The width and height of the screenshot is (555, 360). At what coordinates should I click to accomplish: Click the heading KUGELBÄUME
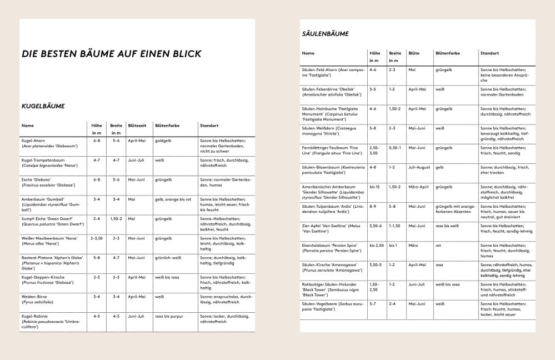(x=43, y=106)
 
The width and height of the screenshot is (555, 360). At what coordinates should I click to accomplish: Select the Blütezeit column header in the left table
(x=137, y=126)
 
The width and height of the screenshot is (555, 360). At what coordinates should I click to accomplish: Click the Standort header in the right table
(x=489, y=53)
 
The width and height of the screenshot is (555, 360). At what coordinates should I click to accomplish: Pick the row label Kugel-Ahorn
(x=33, y=141)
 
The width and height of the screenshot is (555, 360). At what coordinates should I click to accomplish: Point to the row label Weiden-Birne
(x=34, y=297)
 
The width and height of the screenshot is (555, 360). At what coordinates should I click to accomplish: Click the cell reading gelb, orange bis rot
(x=173, y=199)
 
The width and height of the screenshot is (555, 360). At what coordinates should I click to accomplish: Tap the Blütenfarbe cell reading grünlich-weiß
(x=168, y=258)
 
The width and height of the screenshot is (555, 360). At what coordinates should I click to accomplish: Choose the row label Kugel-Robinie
(x=34, y=317)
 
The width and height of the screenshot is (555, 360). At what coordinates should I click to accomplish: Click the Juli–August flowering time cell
(x=419, y=167)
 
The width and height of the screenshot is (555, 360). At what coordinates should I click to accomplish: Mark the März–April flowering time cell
(x=418, y=187)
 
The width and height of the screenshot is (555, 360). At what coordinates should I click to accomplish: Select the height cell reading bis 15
(x=376, y=187)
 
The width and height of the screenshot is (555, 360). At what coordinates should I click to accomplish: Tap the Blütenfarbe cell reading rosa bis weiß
(x=447, y=226)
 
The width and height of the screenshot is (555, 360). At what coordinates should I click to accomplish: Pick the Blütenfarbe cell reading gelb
(x=439, y=167)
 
